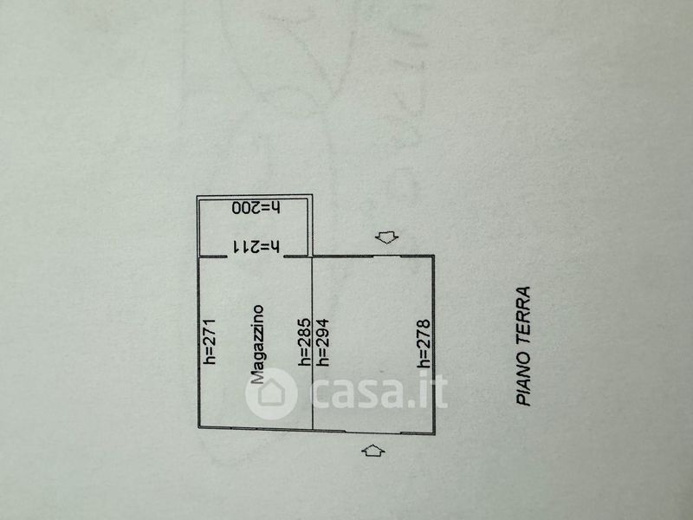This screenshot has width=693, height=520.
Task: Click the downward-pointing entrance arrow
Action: tap(385, 237)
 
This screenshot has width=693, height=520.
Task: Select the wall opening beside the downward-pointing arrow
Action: tap(386, 256)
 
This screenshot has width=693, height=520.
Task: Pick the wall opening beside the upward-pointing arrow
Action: tap(372, 431)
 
